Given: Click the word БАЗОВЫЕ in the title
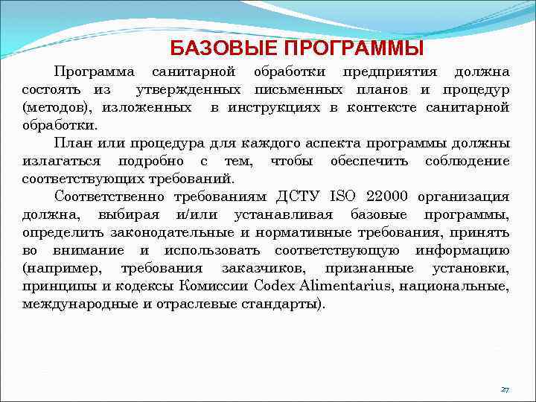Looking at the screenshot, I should click(x=214, y=49).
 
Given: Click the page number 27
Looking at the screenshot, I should click(x=505, y=389).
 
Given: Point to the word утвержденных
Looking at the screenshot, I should click(x=192, y=90).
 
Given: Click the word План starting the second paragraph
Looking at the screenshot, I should click(x=71, y=143).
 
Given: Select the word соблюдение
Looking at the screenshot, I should click(x=468, y=161).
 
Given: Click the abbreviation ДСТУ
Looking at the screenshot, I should click(x=297, y=197).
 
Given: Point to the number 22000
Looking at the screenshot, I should click(x=387, y=197).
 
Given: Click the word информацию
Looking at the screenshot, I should click(x=462, y=250).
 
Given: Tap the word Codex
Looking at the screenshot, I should click(x=273, y=286).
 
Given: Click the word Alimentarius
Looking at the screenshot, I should click(x=339, y=286).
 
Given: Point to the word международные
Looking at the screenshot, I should click(x=74, y=304).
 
